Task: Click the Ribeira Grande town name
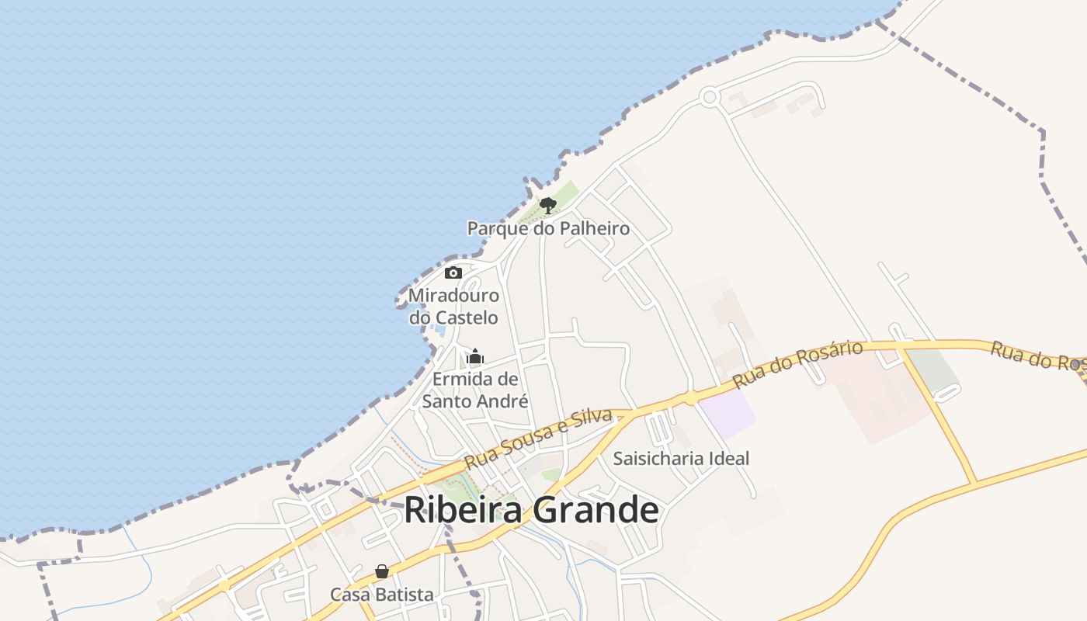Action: pos(531,510)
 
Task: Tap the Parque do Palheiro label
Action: pos(548,228)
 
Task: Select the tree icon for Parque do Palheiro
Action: pos(548,205)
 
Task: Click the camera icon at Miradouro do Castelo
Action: pos(453,272)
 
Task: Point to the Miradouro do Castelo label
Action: pos(453,307)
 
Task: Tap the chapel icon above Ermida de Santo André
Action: pos(475,357)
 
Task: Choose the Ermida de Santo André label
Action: pos(475,390)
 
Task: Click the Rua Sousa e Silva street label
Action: pos(539,439)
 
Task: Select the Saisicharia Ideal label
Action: pos(681,458)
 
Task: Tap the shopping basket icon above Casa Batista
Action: pos(382,572)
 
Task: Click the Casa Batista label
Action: pos(382,595)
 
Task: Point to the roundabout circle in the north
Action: pos(708,98)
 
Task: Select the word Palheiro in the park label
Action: pos(591,228)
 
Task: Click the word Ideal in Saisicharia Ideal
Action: pos(730,458)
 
